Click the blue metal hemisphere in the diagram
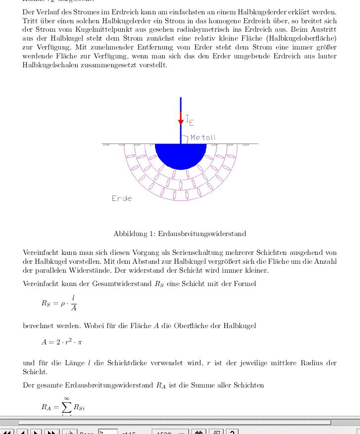tap(180, 154)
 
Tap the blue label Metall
tap(203, 138)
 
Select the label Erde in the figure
tap(122, 198)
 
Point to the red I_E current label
tap(190, 119)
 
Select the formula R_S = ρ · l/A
tap(59, 303)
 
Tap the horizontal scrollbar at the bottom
tap(173, 423)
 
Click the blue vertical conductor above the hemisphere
tap(181, 106)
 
